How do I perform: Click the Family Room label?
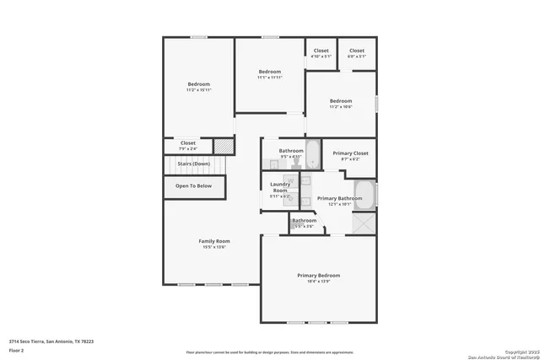point(213,241)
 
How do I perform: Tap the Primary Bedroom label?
point(318,276)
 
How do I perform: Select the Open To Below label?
point(193,185)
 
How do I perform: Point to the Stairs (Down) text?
point(193,164)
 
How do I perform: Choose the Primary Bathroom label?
point(339,199)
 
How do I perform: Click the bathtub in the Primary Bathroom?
point(364,193)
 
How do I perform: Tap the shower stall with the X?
point(364,223)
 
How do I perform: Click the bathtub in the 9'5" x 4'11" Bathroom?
point(311,155)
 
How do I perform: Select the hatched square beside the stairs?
point(223,146)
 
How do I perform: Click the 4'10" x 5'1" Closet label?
point(321,51)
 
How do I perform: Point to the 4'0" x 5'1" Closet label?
point(357,51)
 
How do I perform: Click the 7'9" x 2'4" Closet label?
point(188,143)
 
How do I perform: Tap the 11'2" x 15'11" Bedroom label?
point(198,84)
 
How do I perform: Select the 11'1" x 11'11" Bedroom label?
point(269,72)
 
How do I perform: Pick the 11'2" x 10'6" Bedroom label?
point(341,101)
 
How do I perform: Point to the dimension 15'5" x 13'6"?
point(213,246)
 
